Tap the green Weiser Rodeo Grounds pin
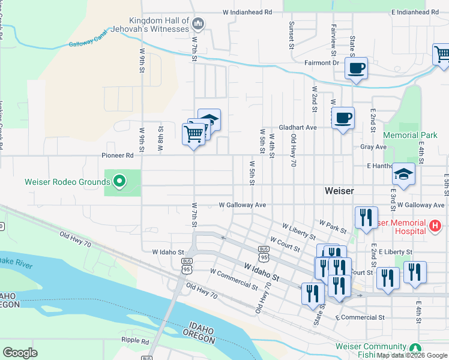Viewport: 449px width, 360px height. click(119, 181)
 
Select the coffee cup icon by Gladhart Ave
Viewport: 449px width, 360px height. click(343, 118)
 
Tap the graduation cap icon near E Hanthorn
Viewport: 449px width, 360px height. click(403, 175)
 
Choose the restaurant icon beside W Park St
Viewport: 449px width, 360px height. click(366, 217)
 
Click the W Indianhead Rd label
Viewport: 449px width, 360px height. click(247, 11)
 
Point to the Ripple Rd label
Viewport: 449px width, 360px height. click(134, 340)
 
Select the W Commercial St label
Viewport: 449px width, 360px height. click(234, 276)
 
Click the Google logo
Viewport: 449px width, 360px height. click(20, 352)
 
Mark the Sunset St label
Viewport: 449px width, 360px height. click(292, 35)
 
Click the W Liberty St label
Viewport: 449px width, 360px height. click(298, 230)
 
